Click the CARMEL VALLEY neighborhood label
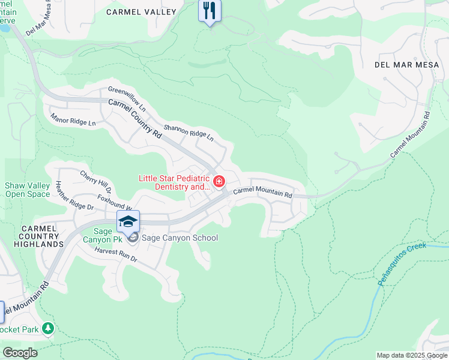point(141,12)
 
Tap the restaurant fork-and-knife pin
point(209,11)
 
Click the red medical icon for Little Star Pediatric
point(219,181)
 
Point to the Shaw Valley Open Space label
point(28,190)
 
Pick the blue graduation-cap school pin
point(128,221)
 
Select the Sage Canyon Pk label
point(108,236)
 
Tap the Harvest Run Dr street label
point(116,255)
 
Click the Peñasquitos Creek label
point(403,265)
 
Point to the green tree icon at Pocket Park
point(48,328)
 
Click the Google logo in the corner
point(20,353)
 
